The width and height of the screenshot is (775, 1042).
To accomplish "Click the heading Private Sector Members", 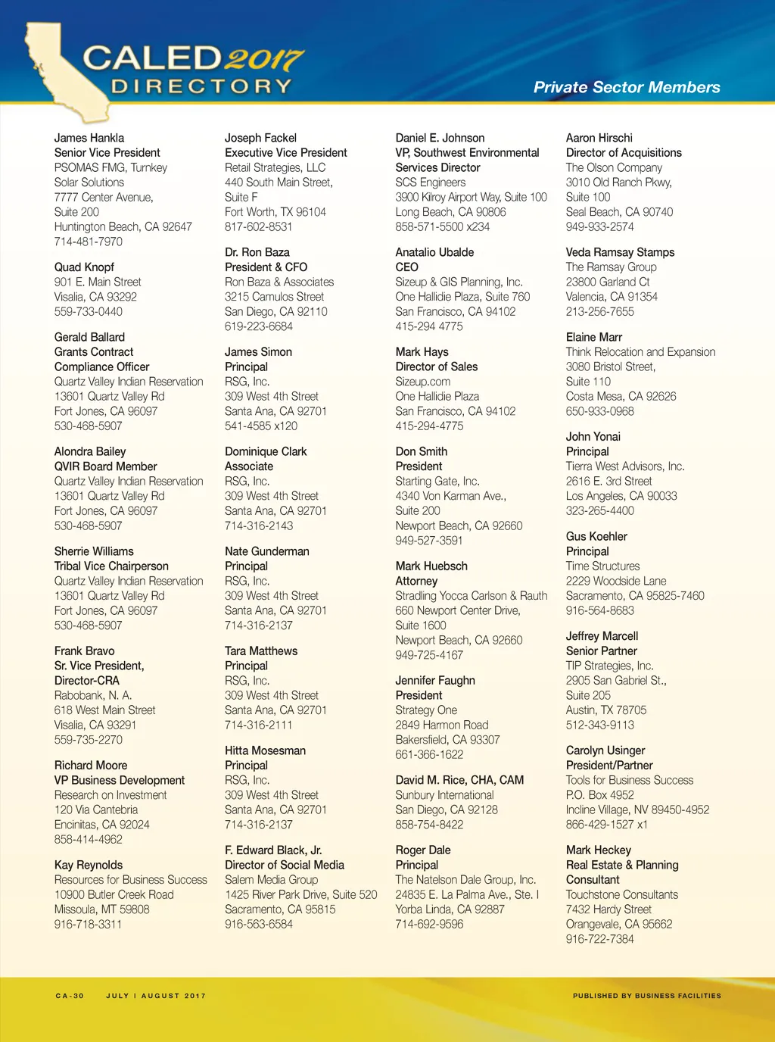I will (x=627, y=87).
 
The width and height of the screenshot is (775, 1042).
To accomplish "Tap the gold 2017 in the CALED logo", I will (x=263, y=59).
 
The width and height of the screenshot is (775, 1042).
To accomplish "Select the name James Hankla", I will (x=89, y=138).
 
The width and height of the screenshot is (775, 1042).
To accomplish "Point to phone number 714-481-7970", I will (x=88, y=242).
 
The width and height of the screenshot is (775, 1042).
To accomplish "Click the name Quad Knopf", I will (x=84, y=267).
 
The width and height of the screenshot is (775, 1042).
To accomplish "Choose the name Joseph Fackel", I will (x=260, y=138).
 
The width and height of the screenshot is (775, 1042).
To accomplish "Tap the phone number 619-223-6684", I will (x=259, y=326).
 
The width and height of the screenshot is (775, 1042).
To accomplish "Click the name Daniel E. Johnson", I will (x=440, y=138).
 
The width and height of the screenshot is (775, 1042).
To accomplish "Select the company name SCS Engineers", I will (x=431, y=183).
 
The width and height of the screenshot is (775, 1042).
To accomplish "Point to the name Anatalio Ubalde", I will (x=434, y=252).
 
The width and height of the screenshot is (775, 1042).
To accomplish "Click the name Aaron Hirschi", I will (x=599, y=138).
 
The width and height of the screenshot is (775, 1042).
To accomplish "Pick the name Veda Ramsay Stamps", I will (x=620, y=252).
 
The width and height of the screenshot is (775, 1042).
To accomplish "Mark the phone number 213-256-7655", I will (x=600, y=311).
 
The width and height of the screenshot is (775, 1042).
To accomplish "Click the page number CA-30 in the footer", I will (x=70, y=996).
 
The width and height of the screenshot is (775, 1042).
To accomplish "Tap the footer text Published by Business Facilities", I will (x=647, y=996).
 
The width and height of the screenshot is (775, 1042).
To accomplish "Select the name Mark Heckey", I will (x=599, y=850).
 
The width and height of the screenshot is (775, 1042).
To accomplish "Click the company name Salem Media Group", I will (x=271, y=880).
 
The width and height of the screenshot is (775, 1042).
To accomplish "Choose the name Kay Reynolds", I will (x=89, y=865).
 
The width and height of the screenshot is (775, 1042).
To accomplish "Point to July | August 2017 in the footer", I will (x=156, y=996).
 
